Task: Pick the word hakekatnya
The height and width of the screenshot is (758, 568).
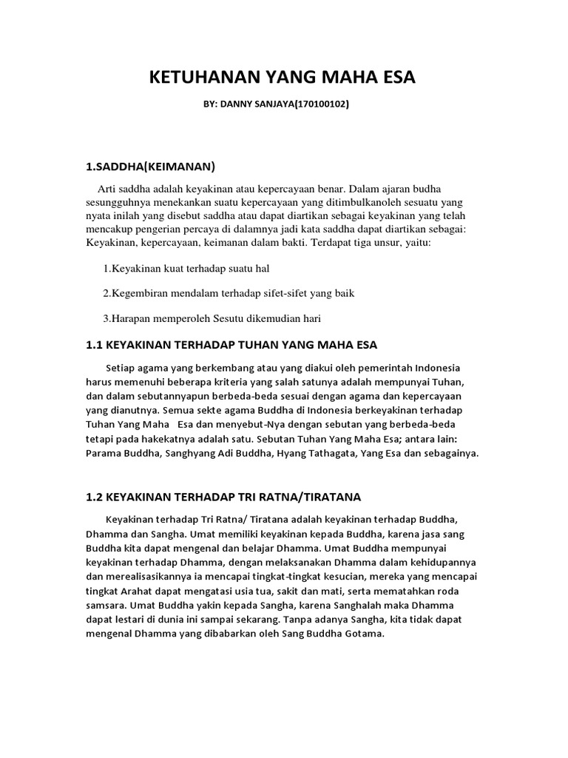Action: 168,439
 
